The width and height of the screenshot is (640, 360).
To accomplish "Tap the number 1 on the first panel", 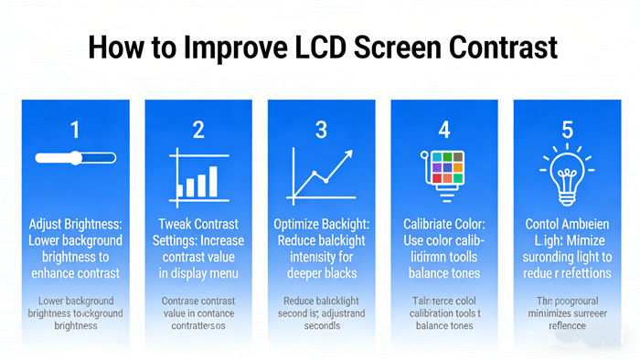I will coord(75,129).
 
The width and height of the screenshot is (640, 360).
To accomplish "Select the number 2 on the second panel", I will coord(197,129).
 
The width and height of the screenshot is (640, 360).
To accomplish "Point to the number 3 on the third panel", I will coord(321,129).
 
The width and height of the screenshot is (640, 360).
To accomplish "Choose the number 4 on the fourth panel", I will coord(443,129).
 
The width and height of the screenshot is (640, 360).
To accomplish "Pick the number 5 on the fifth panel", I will coord(567,129).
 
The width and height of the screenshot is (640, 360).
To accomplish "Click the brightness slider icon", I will coord(75,157).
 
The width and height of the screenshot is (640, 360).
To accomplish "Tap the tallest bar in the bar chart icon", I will coord(213,181).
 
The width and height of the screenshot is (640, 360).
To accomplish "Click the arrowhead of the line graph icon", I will coord(347,157).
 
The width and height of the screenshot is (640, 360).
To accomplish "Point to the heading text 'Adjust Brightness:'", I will coord(75,224).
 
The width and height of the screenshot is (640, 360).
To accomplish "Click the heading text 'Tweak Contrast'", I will coord(197,224).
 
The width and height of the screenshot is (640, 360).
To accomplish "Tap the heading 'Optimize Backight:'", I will coord(321,224).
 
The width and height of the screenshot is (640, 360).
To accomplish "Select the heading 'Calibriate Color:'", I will coord(443,224).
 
